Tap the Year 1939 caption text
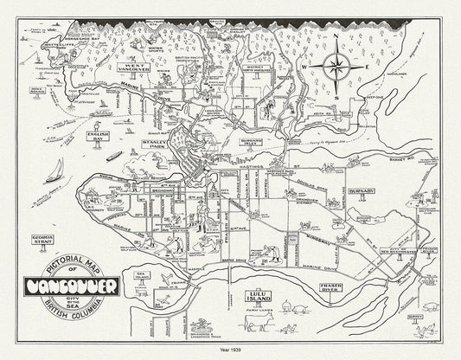pos(231,350)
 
